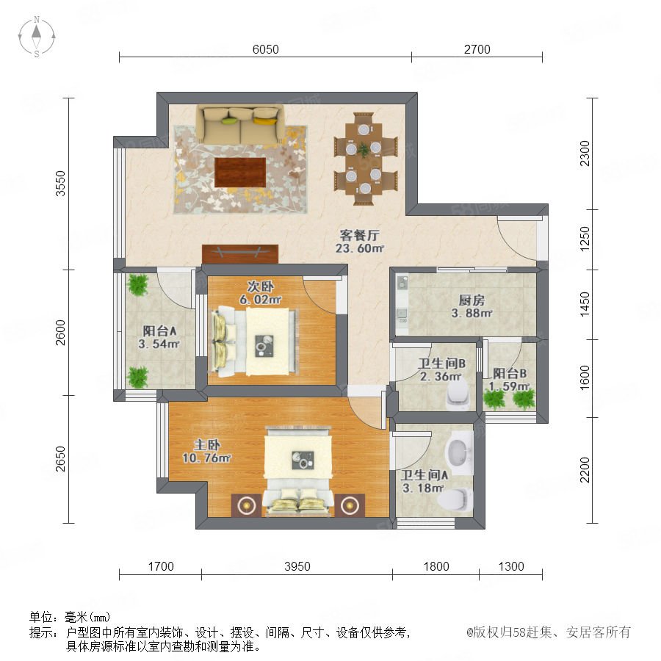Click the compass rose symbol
pos(37,37)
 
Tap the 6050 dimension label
pos(266,49)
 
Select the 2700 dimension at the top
pos(477,49)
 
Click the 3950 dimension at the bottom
pos(297,566)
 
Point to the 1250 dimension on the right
pos(585,239)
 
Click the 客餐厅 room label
pos(360,234)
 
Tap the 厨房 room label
pos(472,300)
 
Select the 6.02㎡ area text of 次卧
pos(260,300)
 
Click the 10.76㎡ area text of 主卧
pos(206,458)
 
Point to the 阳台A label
pos(159,331)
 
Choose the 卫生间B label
pos(442,363)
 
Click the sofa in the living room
pos(240,124)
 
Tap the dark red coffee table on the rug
pos(240,172)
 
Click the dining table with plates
pos(364,159)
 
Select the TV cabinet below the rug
pos(240,254)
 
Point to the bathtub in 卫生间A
pos(459,452)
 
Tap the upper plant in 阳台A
pos(138,284)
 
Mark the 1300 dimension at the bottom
pos(511,566)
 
